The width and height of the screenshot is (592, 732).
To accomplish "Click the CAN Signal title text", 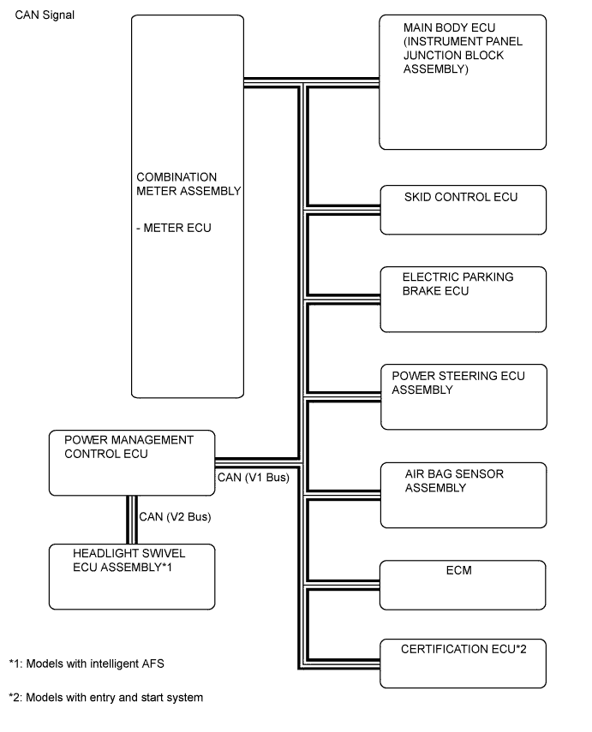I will (x=45, y=15).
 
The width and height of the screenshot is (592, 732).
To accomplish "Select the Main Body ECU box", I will (x=463, y=82).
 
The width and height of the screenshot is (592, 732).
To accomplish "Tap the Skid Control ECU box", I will (x=463, y=210).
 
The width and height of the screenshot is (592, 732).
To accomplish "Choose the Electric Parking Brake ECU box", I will (x=463, y=299).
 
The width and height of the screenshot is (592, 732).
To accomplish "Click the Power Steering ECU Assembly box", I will (x=463, y=397).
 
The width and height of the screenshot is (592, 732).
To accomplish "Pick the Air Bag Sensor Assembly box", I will (x=463, y=495).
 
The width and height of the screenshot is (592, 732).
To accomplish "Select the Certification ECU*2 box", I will (x=463, y=663).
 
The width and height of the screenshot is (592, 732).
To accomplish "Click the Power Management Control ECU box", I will (x=131, y=463).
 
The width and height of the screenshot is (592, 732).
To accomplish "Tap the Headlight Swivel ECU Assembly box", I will (x=131, y=575).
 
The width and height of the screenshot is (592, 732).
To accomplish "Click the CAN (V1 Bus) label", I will (x=254, y=478).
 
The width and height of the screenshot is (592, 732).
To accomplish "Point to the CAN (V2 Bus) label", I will (x=175, y=517).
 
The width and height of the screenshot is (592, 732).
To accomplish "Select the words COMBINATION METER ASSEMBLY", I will (x=188, y=185).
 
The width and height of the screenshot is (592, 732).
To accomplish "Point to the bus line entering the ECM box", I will (x=343, y=584).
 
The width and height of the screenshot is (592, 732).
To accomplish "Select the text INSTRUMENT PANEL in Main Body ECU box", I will (x=463, y=41).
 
